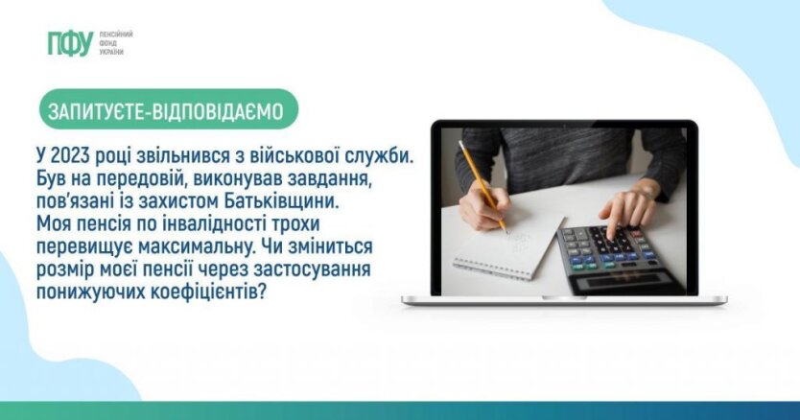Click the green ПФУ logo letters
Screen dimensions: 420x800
point(70,43)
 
